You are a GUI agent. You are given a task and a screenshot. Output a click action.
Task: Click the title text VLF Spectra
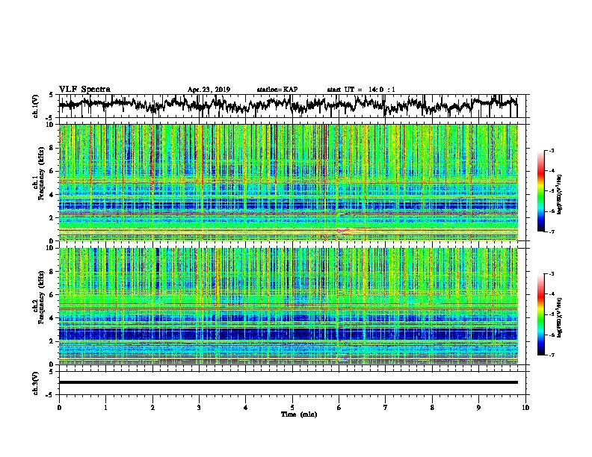(x=84, y=89)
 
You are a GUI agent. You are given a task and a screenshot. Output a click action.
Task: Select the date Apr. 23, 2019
(x=209, y=90)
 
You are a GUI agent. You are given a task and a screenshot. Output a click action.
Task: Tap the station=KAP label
(x=277, y=90)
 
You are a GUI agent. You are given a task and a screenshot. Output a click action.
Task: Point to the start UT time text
(x=361, y=90)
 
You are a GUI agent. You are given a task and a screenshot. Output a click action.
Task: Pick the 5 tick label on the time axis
(x=293, y=407)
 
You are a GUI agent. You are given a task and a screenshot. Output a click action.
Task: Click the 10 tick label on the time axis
(x=526, y=407)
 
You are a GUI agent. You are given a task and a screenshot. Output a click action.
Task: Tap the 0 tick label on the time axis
(x=59, y=407)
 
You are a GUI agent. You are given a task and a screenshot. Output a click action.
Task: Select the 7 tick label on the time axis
(x=386, y=407)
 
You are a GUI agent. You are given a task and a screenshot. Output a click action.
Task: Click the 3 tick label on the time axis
(x=200, y=407)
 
